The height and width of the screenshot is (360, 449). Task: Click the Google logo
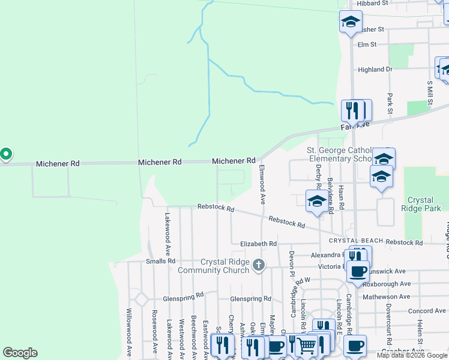point(20,353)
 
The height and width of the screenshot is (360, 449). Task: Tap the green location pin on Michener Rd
point(5,155)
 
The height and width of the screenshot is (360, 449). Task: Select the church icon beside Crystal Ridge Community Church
point(258,265)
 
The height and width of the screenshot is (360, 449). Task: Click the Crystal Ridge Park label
point(424,204)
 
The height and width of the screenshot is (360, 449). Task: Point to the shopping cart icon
point(306,344)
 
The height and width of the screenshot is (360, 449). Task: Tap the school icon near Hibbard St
point(350,23)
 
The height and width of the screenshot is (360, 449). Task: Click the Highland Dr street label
point(375,70)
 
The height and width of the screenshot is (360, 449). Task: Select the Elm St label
point(366,44)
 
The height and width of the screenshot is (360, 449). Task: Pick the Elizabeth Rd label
point(258,244)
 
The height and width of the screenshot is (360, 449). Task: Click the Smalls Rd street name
point(160,261)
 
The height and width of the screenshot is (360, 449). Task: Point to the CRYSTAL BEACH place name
point(355,241)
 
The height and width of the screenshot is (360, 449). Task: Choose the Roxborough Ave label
point(387,283)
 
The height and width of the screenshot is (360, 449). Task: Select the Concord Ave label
point(427,311)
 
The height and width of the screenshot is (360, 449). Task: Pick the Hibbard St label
point(373,3)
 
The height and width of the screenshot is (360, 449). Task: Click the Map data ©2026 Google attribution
point(412,355)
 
